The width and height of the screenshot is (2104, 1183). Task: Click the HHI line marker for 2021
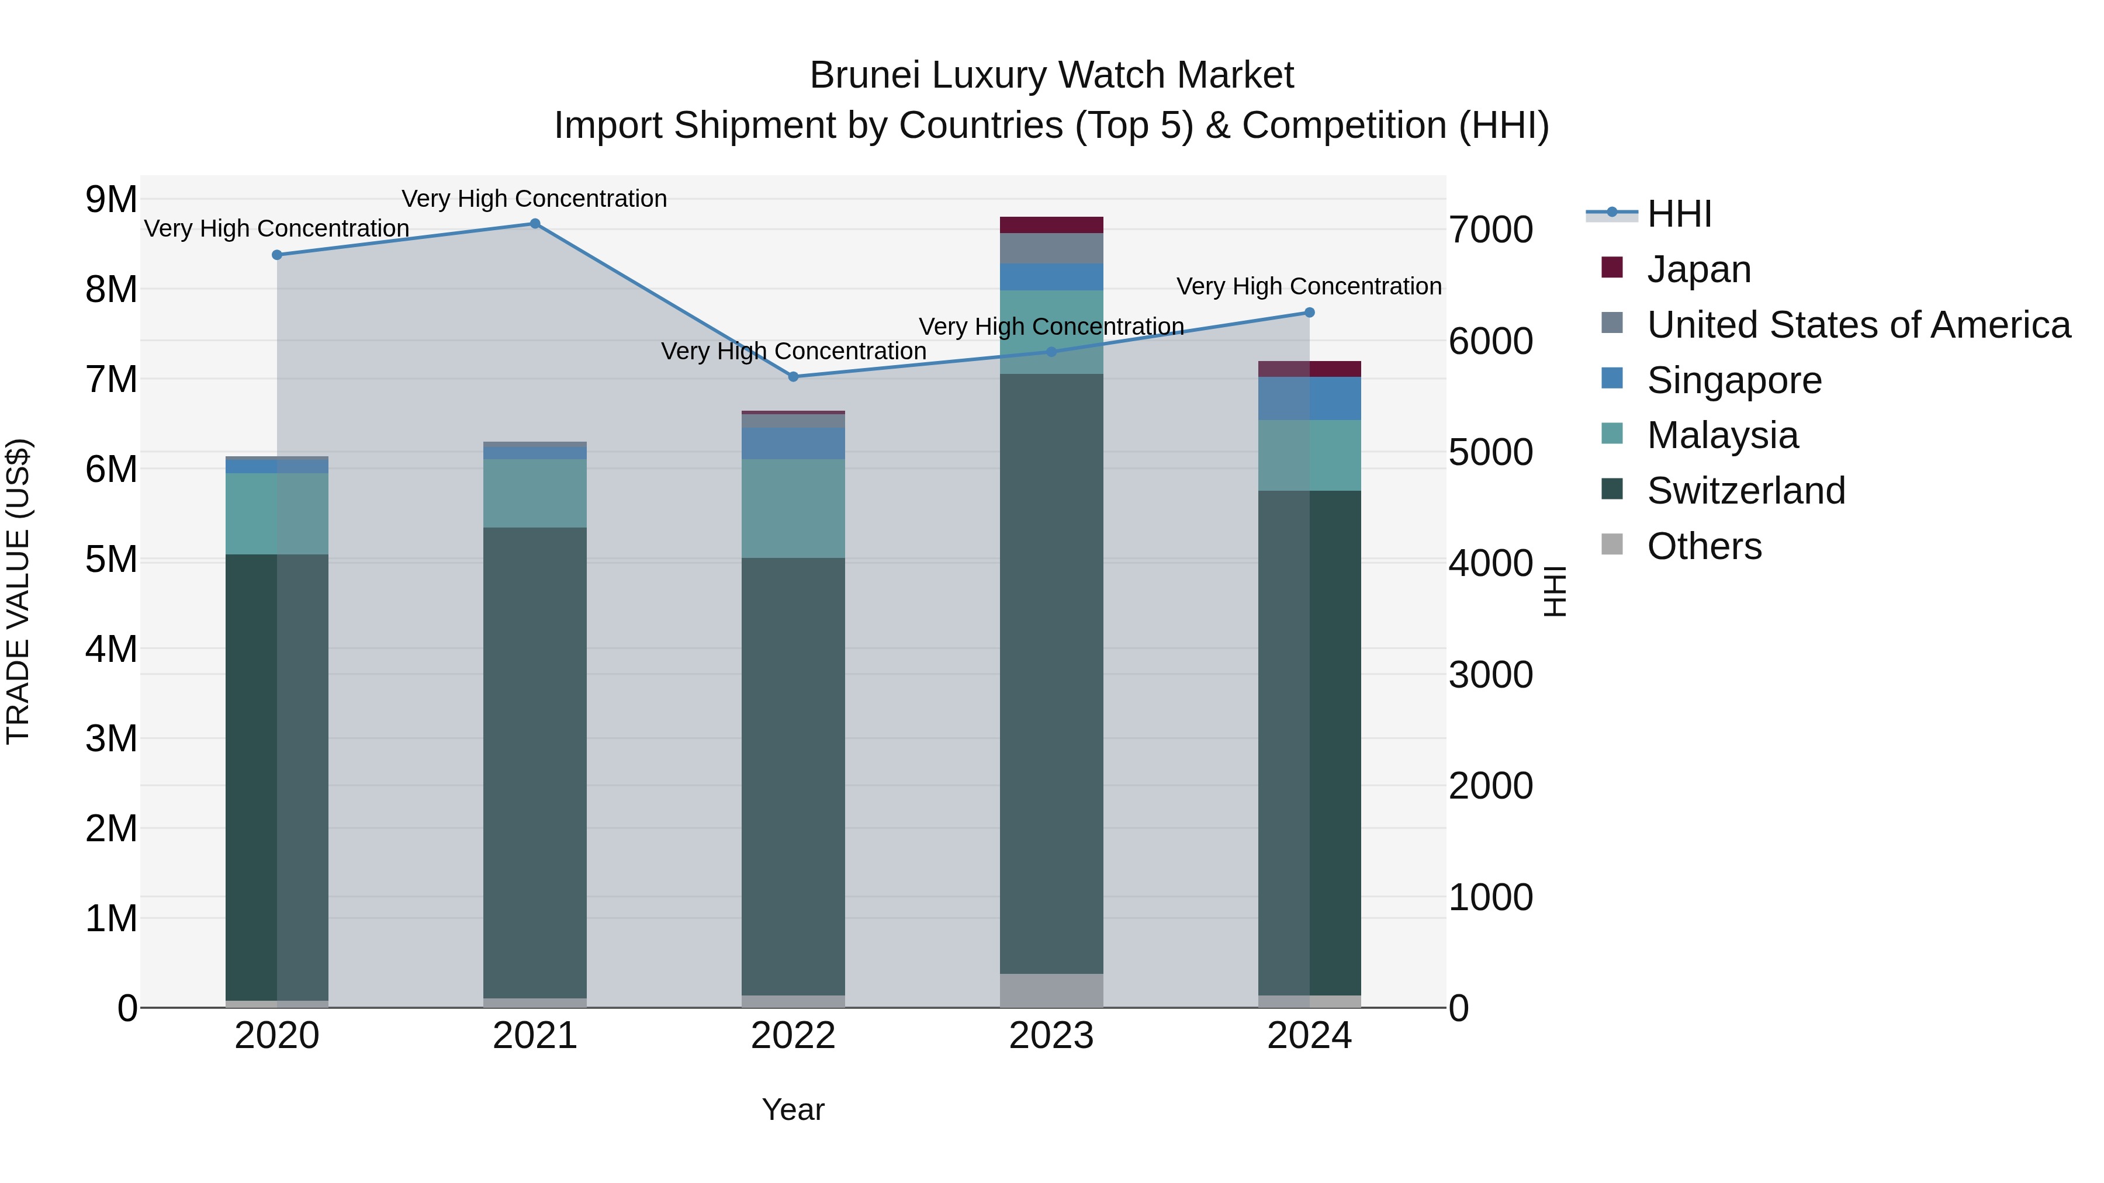(x=535, y=224)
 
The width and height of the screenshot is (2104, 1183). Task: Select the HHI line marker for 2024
(x=1309, y=313)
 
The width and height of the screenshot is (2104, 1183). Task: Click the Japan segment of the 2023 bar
(x=1051, y=226)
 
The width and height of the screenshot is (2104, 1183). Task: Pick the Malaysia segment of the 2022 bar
(x=793, y=509)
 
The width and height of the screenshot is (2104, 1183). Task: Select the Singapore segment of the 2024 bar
(x=1309, y=398)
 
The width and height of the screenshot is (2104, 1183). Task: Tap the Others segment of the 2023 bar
(x=1051, y=990)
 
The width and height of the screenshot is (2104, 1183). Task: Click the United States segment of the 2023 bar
(x=1051, y=249)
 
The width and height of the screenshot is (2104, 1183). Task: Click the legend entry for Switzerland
(x=1745, y=491)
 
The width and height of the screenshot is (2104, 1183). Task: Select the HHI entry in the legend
(x=1679, y=214)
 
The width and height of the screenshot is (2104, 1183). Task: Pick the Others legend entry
(x=1704, y=546)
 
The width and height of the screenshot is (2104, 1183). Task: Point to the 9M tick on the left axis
(x=111, y=199)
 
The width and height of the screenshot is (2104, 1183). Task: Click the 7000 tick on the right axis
(x=1490, y=230)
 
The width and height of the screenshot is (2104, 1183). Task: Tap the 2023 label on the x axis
(x=1051, y=1036)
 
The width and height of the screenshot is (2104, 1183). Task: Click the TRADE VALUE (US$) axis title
(x=18, y=591)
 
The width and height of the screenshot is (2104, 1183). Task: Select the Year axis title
(x=793, y=1109)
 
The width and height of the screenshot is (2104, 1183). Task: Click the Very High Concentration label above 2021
(x=534, y=199)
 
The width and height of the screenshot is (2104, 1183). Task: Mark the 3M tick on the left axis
(x=111, y=739)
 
